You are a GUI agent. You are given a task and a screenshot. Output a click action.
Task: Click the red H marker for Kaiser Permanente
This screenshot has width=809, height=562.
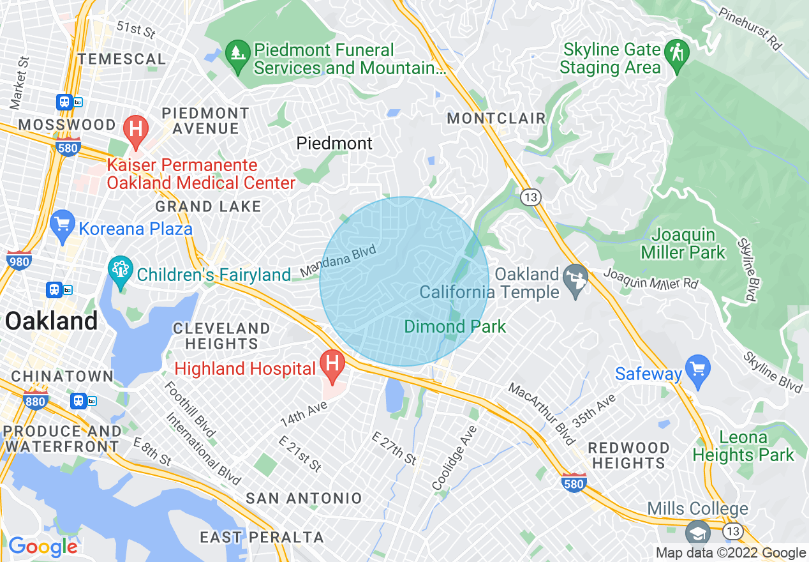click(x=135, y=129)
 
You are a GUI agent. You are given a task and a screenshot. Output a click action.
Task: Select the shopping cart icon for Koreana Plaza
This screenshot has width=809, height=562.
click(x=63, y=225)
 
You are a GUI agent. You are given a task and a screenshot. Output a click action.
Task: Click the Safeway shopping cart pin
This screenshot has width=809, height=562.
click(x=698, y=370)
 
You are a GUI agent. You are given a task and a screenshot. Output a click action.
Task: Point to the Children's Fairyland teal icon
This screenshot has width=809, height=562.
click(x=119, y=271)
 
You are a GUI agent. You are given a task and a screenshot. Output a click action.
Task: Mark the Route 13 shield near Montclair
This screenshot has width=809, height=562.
click(x=530, y=197)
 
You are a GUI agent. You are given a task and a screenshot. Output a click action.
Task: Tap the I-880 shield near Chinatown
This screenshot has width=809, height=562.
click(x=35, y=400)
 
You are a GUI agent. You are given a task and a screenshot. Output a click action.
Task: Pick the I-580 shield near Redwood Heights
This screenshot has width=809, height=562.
click(x=574, y=483)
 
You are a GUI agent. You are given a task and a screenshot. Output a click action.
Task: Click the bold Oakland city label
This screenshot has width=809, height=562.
click(x=51, y=321)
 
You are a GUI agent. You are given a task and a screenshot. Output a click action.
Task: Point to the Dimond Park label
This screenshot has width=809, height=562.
click(x=455, y=327)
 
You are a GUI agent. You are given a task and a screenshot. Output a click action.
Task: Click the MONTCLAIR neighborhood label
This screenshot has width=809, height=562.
click(x=496, y=118)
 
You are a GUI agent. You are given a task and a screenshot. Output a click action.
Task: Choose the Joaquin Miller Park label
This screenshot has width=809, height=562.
click(x=683, y=243)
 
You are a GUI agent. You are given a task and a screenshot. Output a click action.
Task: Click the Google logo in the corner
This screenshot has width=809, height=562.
click(x=43, y=546)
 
